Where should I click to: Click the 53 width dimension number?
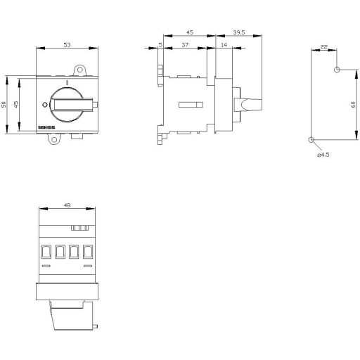(66, 44)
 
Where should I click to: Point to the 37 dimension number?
(184, 44)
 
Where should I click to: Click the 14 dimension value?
(224, 44)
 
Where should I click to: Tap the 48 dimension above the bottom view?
(66, 206)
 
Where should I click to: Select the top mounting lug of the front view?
(82, 70)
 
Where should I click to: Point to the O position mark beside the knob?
(44, 105)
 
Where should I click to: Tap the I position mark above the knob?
(66, 82)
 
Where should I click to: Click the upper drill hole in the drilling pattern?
(337, 70)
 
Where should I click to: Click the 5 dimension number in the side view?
(160, 44)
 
